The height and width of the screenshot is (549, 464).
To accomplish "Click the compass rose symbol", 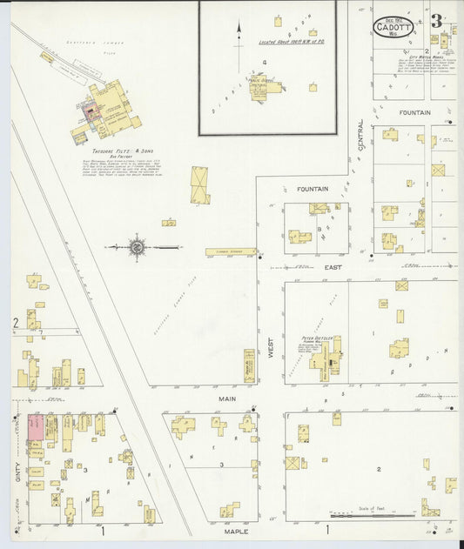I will pos(137,248).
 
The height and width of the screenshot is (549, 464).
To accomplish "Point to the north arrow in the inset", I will pos(239,32).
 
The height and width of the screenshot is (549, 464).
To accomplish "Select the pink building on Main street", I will pos(37,427).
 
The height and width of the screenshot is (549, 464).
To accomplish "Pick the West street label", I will pos(271,350).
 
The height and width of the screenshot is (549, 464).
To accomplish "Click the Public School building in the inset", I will pos(260,87).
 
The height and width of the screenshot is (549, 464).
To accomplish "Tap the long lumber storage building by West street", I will pos(231,252).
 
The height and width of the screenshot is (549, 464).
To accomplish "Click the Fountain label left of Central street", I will pos(312,189).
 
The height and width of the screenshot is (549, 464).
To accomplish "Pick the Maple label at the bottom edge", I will pos(235,531).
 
